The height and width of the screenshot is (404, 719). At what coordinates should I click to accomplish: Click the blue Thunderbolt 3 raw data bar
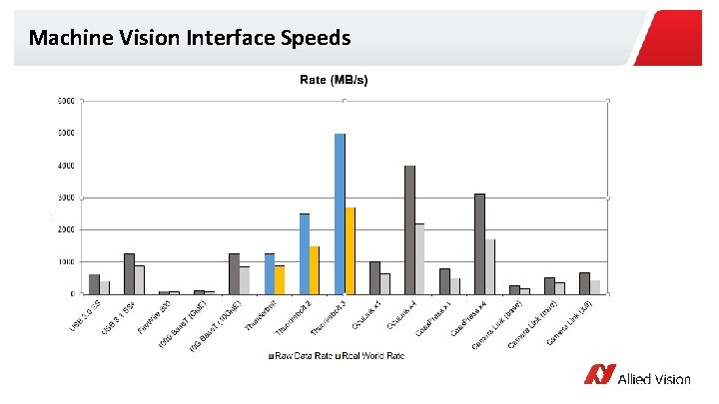click(x=340, y=213)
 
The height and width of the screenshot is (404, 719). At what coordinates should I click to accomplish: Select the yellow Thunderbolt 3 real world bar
click(x=350, y=250)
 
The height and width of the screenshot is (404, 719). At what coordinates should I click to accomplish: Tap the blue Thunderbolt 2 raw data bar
click(x=305, y=253)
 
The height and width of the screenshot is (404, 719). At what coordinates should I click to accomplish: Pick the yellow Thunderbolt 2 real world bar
click(x=315, y=270)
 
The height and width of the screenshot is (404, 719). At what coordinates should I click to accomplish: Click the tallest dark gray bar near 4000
click(x=409, y=229)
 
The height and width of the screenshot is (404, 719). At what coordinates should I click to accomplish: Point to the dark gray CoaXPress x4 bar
click(x=479, y=243)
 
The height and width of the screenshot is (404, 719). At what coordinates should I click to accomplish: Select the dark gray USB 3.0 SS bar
click(x=94, y=284)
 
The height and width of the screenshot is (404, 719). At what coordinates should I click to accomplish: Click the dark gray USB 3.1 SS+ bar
click(x=129, y=273)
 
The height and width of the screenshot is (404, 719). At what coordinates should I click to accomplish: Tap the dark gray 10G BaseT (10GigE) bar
click(x=234, y=273)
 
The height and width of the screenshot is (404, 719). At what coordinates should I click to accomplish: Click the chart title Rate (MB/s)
click(x=335, y=80)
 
